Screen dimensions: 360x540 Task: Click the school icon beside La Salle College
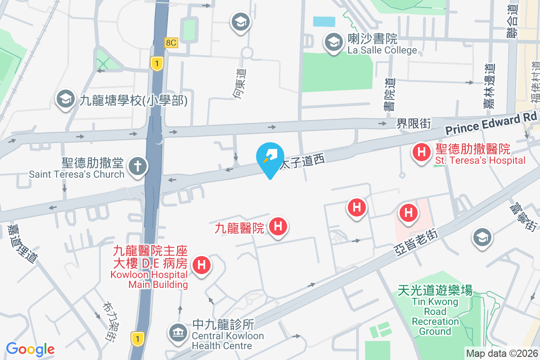coord(333,43)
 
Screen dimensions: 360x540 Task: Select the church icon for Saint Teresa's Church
coord(138,166)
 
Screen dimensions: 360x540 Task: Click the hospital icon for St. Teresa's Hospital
coord(421,152)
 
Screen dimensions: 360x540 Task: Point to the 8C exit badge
coord(171,43)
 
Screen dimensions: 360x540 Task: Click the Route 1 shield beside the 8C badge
coord(156,64)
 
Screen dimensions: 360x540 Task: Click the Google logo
coord(30,349)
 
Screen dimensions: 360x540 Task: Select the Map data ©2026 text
coord(502,354)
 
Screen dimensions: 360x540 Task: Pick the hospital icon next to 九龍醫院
coord(278,226)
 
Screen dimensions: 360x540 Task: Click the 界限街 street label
coord(413,123)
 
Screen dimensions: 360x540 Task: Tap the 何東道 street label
coord(241,84)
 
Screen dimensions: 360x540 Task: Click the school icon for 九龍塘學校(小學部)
coord(66,100)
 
